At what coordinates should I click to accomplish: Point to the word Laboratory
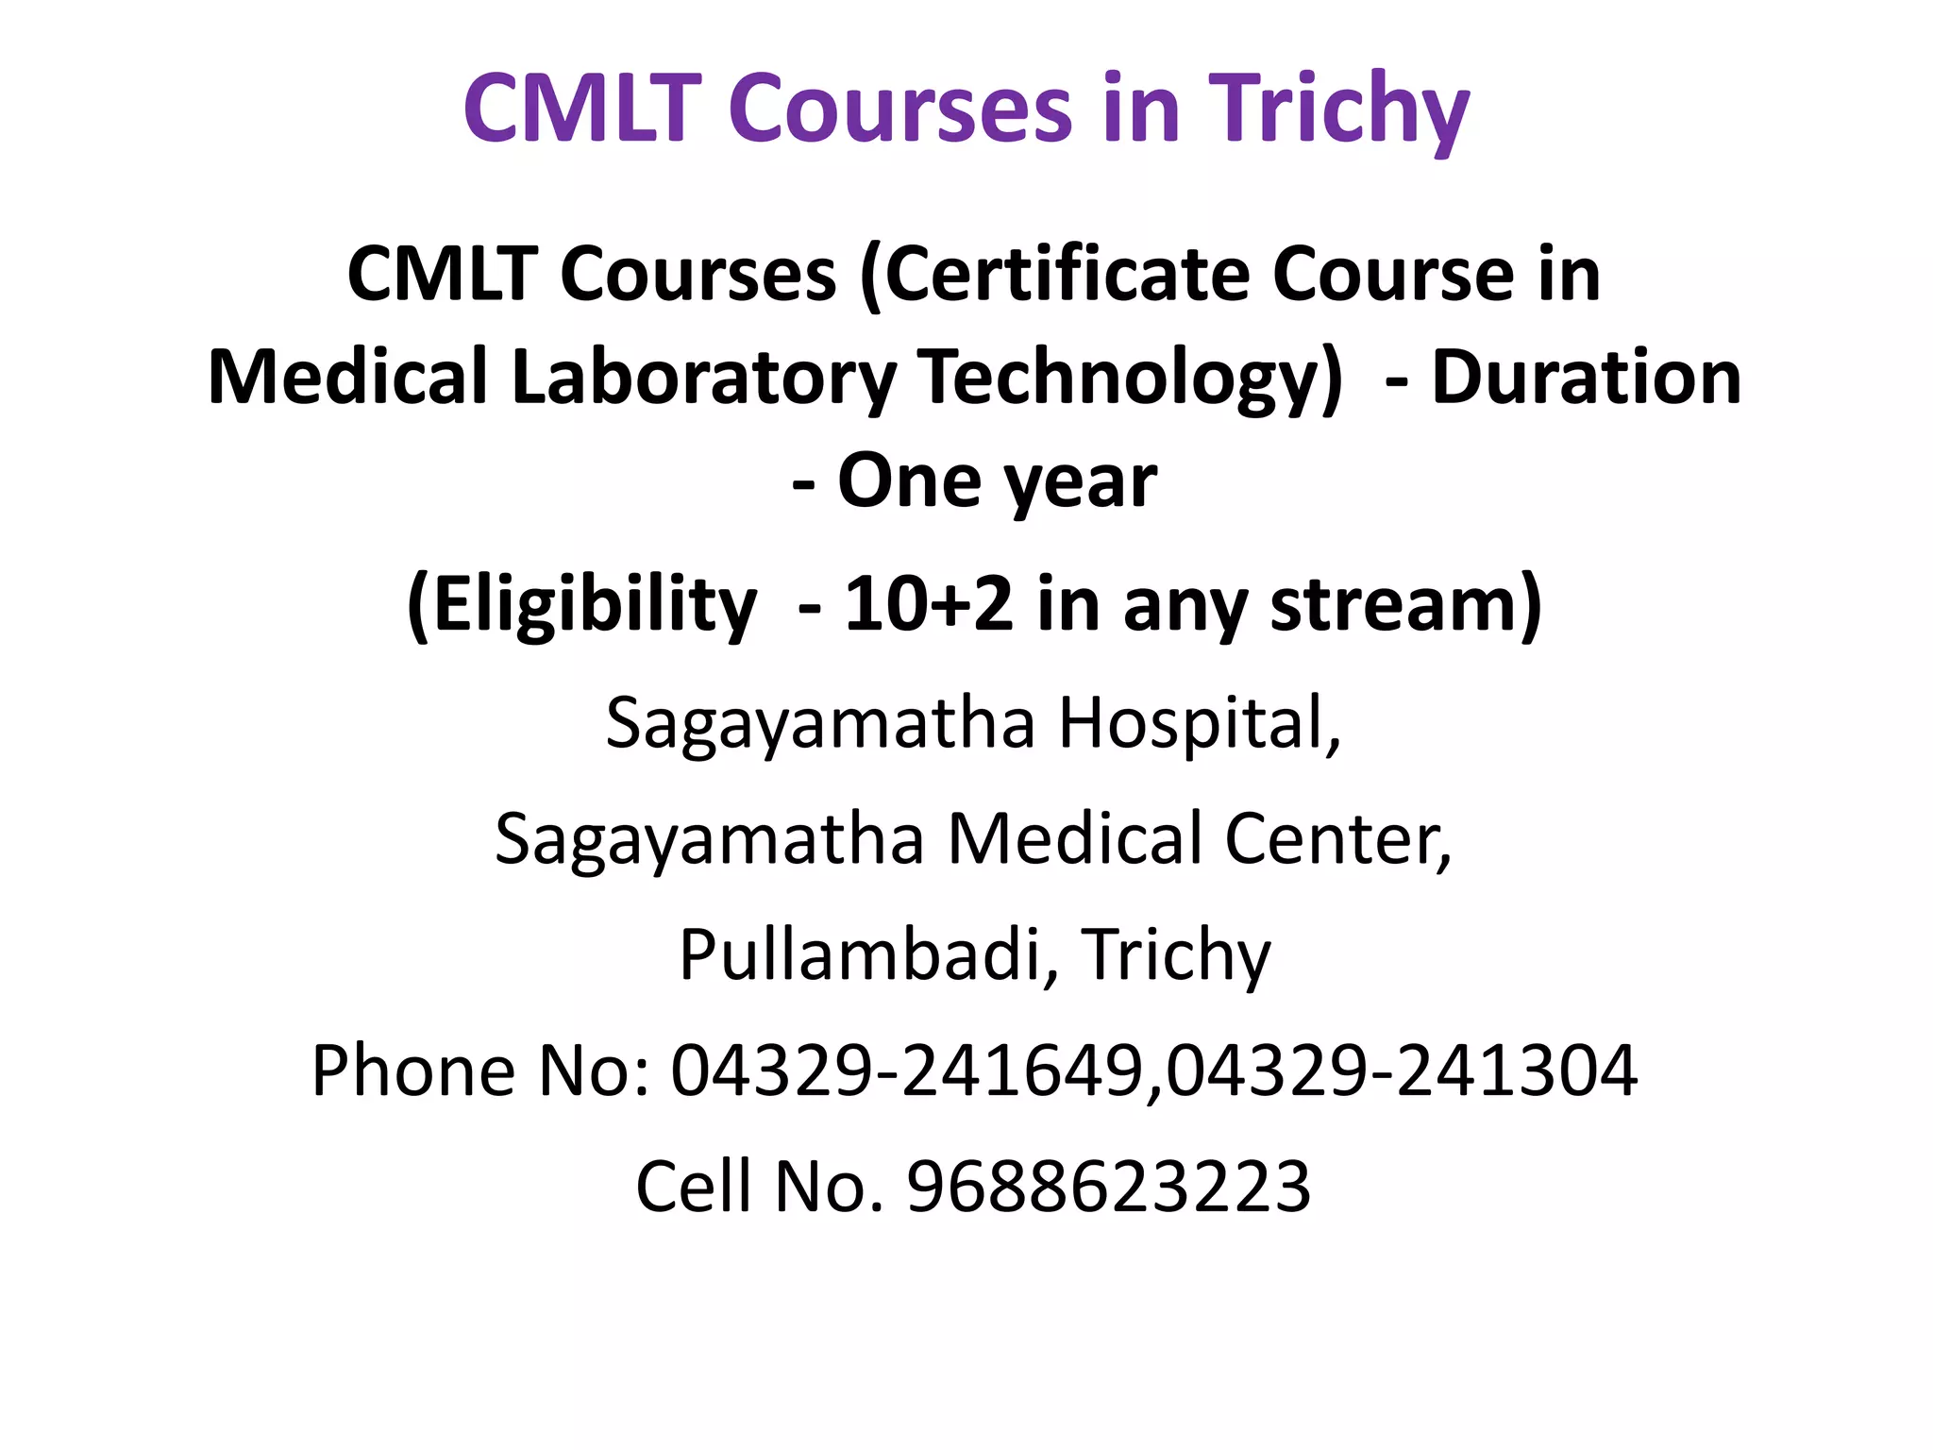click(x=702, y=378)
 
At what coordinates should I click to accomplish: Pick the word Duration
click(x=1586, y=378)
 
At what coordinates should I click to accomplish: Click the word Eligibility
click(x=581, y=604)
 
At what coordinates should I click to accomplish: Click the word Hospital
click(x=1199, y=723)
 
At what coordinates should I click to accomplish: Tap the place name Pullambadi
click(x=859, y=955)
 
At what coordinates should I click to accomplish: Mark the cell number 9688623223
click(x=1109, y=1187)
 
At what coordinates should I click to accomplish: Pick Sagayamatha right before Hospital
click(x=820, y=723)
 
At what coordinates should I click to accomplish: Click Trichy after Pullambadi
click(x=1176, y=955)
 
